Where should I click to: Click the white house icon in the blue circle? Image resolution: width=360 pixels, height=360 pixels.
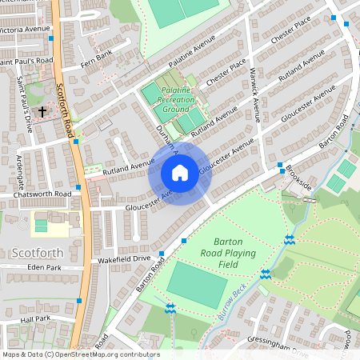(179, 173)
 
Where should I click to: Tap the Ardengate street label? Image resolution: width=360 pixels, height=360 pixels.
(20, 168)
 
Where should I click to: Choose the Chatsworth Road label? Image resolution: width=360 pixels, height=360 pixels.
(36, 194)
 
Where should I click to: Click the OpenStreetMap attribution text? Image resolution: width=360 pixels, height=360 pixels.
(81, 354)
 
